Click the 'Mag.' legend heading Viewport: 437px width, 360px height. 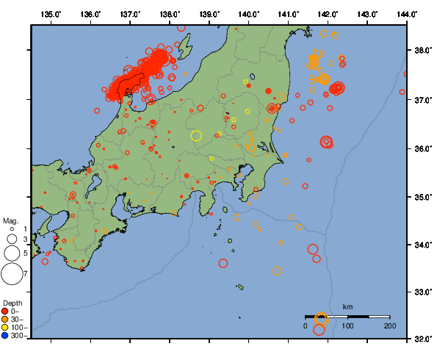[10, 220]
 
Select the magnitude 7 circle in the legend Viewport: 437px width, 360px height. [11, 274]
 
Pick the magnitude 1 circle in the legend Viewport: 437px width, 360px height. [11, 228]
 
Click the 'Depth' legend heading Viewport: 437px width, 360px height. [12, 303]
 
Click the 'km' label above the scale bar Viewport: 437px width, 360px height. [347, 306]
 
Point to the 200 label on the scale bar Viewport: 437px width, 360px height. [389, 325]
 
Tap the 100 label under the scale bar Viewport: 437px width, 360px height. [347, 325]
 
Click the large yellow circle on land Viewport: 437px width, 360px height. [196, 135]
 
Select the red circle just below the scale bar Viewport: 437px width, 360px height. [319, 330]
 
